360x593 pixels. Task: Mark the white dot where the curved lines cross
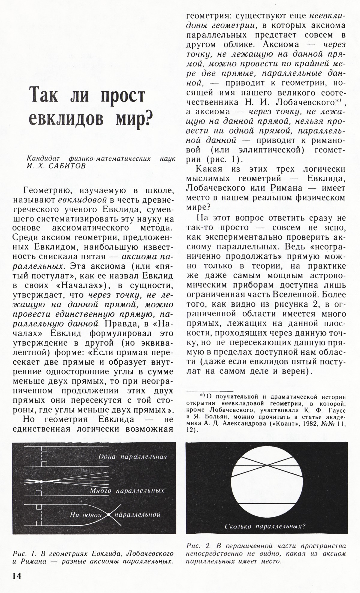coord(109,515)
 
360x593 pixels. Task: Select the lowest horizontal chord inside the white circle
coord(267,503)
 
